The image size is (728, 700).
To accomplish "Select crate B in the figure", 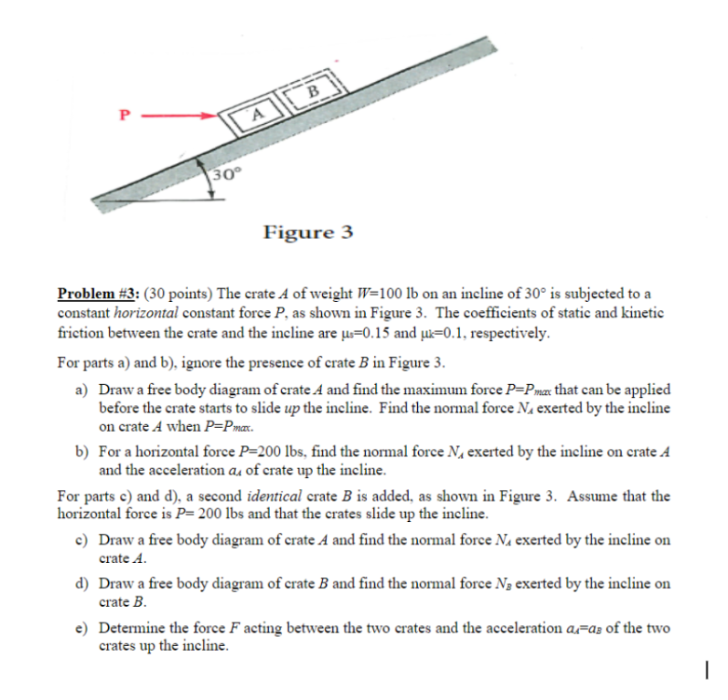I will [313, 90].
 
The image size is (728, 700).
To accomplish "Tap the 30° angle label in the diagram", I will [224, 175].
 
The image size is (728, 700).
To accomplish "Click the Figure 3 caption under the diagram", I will [308, 231].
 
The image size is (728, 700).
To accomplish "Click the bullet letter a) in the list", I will [82, 389].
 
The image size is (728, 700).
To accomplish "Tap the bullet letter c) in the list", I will [82, 541].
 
